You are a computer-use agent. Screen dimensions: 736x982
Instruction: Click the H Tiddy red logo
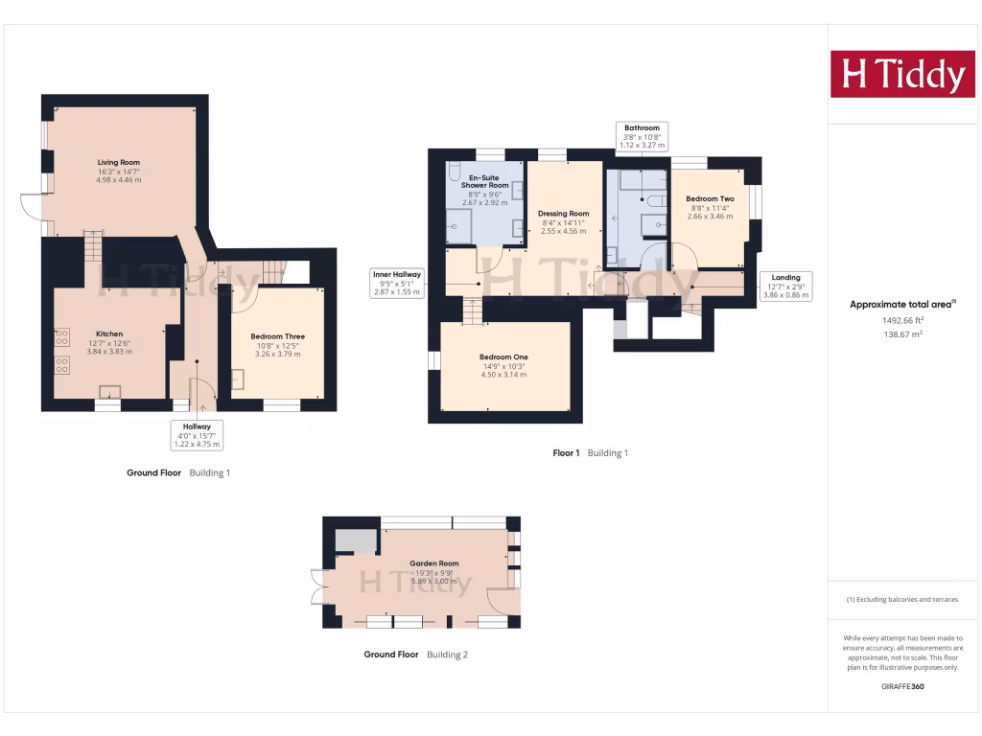[902, 75]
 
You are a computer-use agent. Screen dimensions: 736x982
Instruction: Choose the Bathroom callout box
[642, 136]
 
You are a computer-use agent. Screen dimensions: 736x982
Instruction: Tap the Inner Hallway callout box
[397, 283]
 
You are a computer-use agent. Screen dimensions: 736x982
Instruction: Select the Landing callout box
[786, 287]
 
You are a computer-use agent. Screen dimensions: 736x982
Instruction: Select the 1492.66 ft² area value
[902, 320]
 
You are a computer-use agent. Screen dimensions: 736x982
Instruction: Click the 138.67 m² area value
[902, 334]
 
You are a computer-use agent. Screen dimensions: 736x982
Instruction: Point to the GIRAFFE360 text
[902, 686]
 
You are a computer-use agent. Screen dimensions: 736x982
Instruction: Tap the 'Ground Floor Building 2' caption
[415, 655]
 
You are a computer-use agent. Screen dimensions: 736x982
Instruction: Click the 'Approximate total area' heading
[901, 305]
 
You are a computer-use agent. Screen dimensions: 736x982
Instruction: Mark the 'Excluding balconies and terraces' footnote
[901, 600]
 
